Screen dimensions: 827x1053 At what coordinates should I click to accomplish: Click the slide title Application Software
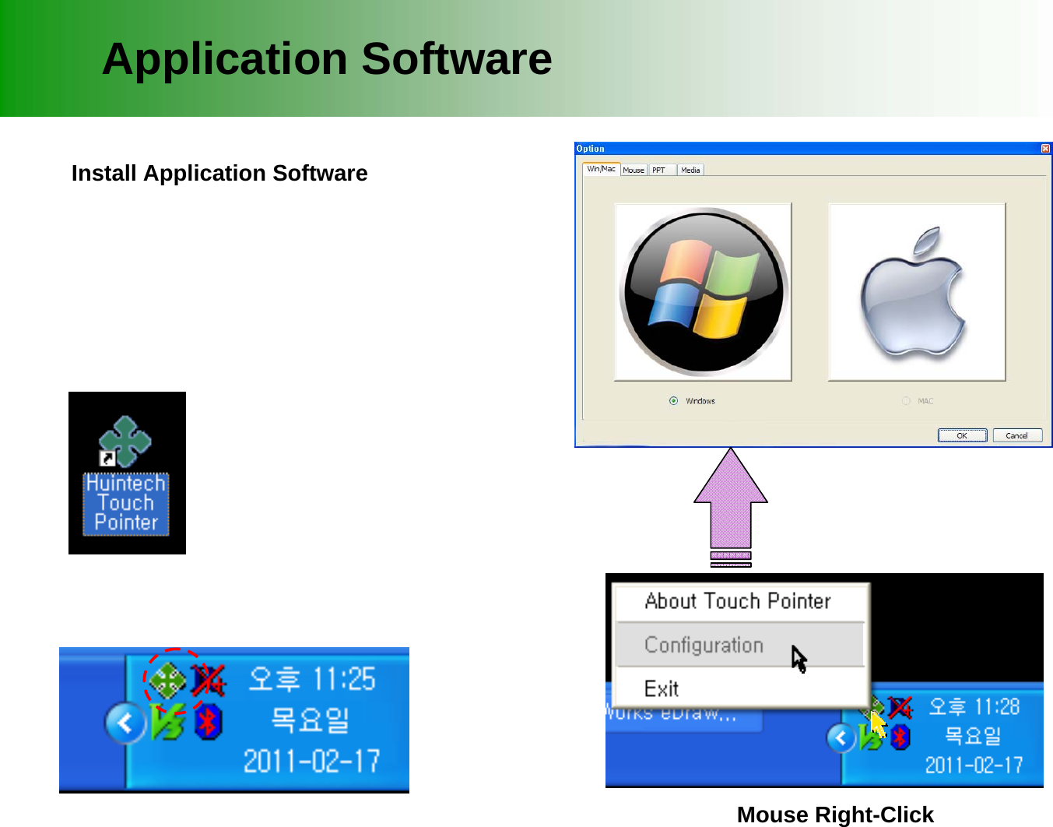327,59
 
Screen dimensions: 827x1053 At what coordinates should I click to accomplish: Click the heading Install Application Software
219,173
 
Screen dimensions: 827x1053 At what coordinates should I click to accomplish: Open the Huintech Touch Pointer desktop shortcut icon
126,444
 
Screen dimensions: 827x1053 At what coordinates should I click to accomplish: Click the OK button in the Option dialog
962,435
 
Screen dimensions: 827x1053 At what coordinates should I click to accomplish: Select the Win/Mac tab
601,169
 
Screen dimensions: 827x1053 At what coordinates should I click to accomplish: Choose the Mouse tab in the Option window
634,170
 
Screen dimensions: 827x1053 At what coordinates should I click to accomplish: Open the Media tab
690,170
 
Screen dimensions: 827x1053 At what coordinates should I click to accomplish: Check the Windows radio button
673,401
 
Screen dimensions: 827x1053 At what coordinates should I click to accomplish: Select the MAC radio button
906,401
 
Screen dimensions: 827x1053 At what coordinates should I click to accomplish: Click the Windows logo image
704,292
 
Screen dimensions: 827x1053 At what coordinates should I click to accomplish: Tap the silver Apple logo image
917,292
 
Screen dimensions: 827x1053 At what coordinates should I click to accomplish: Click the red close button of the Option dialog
1045,149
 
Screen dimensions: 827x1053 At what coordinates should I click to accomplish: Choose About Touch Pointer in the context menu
737,601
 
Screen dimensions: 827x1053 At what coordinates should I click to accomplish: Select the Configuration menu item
704,645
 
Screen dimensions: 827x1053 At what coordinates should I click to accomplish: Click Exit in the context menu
662,688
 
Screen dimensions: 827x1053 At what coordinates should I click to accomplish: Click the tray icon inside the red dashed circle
167,681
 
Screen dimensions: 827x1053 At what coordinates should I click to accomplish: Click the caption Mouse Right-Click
834,815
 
